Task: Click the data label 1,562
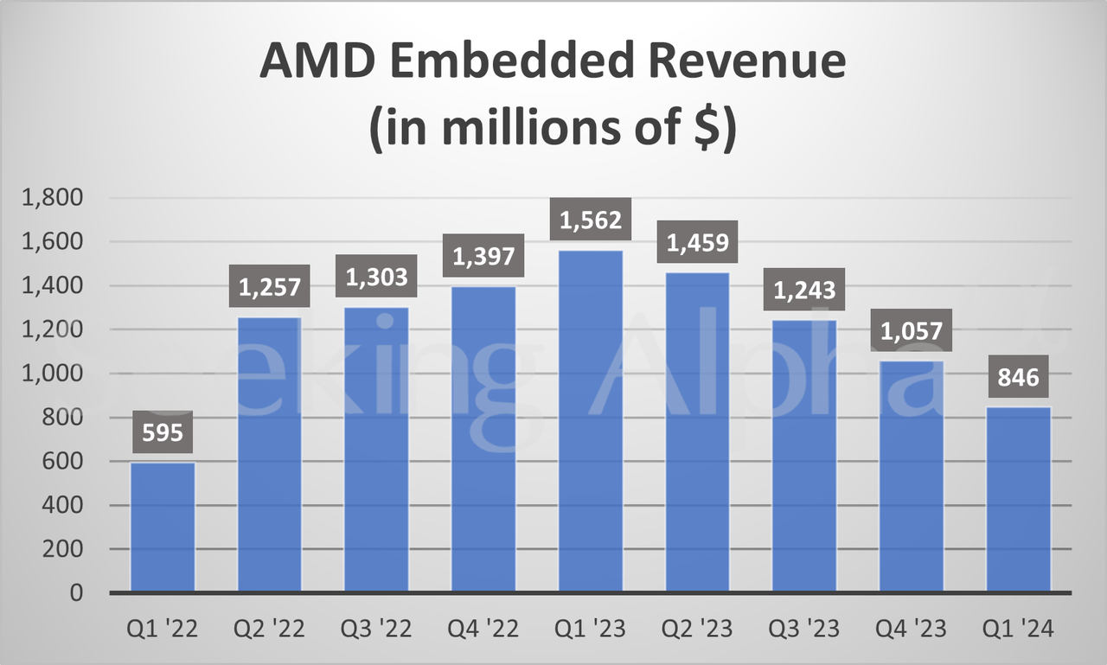pos(591,221)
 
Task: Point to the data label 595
pos(163,432)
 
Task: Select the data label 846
pos(1019,376)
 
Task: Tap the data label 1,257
pos(270,286)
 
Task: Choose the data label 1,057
pos(912,330)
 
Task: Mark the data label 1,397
pos(483,256)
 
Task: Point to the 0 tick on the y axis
pos(77,593)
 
